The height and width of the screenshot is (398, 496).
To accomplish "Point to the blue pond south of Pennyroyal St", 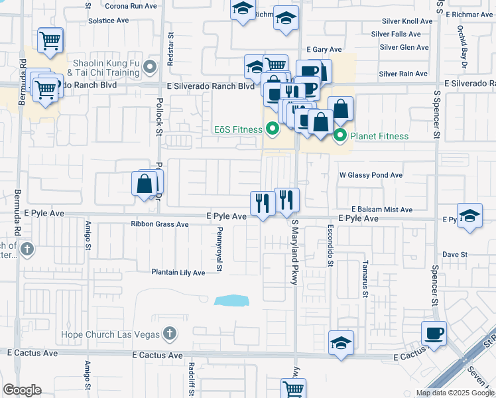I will pyautogui.click(x=231, y=300).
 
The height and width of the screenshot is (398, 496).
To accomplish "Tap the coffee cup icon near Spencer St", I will pyautogui.click(x=434, y=334).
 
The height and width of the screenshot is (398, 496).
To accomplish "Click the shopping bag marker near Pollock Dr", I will pyautogui.click(x=144, y=184).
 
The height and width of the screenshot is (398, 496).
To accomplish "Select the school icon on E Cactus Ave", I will pyautogui.click(x=341, y=343).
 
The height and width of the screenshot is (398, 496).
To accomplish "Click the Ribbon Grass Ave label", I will pyautogui.click(x=160, y=224).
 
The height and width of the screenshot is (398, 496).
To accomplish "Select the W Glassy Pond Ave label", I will pyautogui.click(x=371, y=175).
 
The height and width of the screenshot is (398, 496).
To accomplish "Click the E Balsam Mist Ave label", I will pyautogui.click(x=382, y=209).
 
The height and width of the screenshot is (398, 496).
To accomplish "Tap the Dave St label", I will pyautogui.click(x=455, y=254).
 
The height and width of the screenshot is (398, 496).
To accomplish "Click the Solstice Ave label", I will pyautogui.click(x=108, y=21).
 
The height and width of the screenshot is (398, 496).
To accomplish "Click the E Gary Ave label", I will pyautogui.click(x=324, y=50).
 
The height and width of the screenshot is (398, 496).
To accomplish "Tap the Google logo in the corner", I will pyautogui.click(x=22, y=390).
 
